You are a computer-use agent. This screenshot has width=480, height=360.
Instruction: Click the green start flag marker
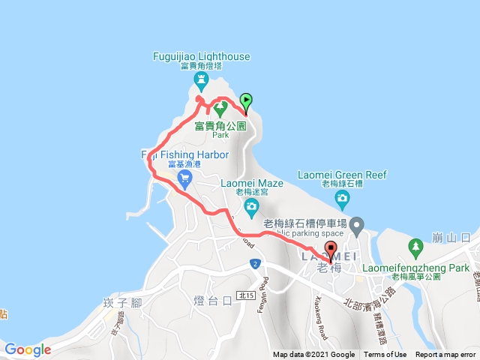coord(246,102)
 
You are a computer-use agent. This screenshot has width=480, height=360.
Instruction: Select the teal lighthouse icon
coord(200,79)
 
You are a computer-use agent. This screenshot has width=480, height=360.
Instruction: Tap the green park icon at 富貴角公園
coord(220,109)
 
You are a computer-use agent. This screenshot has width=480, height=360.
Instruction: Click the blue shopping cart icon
coord(184,178)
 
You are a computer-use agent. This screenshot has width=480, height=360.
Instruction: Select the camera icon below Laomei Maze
coord(251,205)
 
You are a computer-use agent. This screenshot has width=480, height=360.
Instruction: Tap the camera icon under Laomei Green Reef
coord(342,199)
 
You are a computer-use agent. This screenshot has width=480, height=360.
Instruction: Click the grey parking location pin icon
coord(357,223)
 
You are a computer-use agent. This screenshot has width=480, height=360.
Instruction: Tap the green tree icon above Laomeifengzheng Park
coord(415,246)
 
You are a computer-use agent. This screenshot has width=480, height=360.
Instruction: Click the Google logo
coord(27,349)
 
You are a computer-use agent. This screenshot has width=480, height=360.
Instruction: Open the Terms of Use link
coord(385,355)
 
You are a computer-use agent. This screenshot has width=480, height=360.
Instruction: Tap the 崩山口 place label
coord(452,238)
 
